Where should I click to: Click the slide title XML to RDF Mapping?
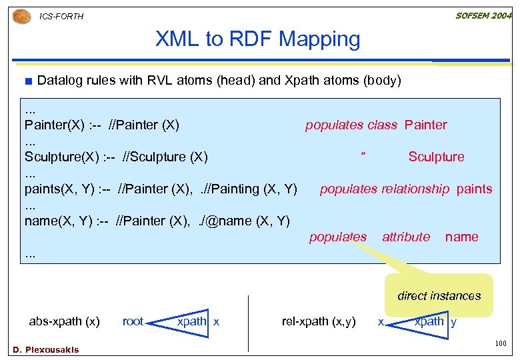pos(257,39)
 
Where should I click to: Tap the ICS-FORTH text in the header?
pos(61,17)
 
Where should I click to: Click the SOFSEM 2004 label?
pos(483,15)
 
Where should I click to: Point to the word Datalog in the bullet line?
pos(60,81)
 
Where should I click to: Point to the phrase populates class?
pos(351,125)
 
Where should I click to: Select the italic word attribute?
pos(405,237)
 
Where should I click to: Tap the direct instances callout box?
pos(439,295)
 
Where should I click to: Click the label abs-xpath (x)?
pos(64,321)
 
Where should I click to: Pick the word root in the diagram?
pos(133,321)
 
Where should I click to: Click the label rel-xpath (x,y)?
pos(319,321)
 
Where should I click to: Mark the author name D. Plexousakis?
pos(45,349)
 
